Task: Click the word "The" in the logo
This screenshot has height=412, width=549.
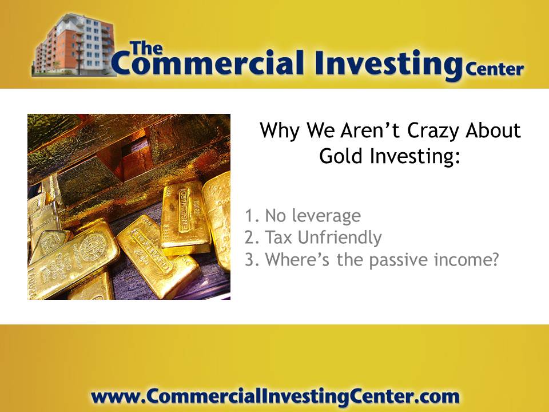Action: click(146, 49)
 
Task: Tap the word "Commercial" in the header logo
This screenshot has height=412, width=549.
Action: click(208, 63)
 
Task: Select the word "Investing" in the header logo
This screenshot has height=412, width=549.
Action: click(389, 65)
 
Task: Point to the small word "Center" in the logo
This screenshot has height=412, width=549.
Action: click(494, 69)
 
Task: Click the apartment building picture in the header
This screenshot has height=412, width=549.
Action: click(74, 45)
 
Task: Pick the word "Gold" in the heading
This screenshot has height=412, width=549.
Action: click(340, 156)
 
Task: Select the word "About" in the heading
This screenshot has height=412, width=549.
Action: click(494, 130)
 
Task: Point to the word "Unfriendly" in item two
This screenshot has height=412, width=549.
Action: click(340, 237)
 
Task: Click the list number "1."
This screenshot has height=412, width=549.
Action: click(252, 216)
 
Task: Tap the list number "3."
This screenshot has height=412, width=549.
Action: click(252, 260)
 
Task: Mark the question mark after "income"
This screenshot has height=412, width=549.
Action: click(494, 259)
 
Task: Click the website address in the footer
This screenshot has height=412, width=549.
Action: click(275, 397)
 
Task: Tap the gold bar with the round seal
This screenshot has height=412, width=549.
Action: click(74, 256)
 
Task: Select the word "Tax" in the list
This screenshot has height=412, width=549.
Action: click(279, 237)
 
